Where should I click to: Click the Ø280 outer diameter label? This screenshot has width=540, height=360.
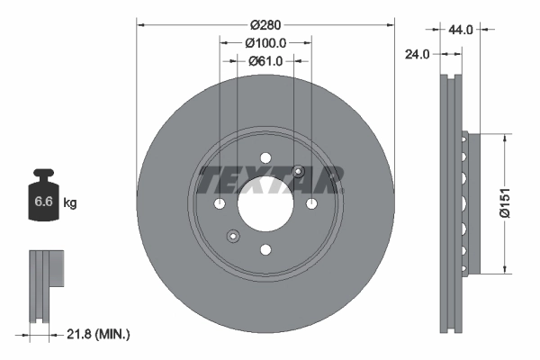[265, 22]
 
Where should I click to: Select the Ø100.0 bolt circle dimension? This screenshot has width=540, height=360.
[265, 42]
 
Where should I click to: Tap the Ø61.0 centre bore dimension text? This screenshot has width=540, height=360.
[265, 61]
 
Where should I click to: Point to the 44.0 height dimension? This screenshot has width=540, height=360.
[461, 30]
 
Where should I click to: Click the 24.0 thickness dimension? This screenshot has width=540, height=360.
[416, 53]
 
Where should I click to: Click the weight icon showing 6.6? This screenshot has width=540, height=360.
[43, 200]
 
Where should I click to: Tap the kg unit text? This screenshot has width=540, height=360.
[69, 203]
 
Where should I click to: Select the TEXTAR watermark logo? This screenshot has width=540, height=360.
[271, 180]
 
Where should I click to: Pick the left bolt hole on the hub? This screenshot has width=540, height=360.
[220, 204]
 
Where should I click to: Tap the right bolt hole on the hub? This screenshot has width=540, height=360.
[311, 204]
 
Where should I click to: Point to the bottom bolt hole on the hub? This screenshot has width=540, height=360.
[265, 250]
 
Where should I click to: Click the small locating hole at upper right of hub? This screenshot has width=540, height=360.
[300, 173]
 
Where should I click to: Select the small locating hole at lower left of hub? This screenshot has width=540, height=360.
[232, 237]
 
